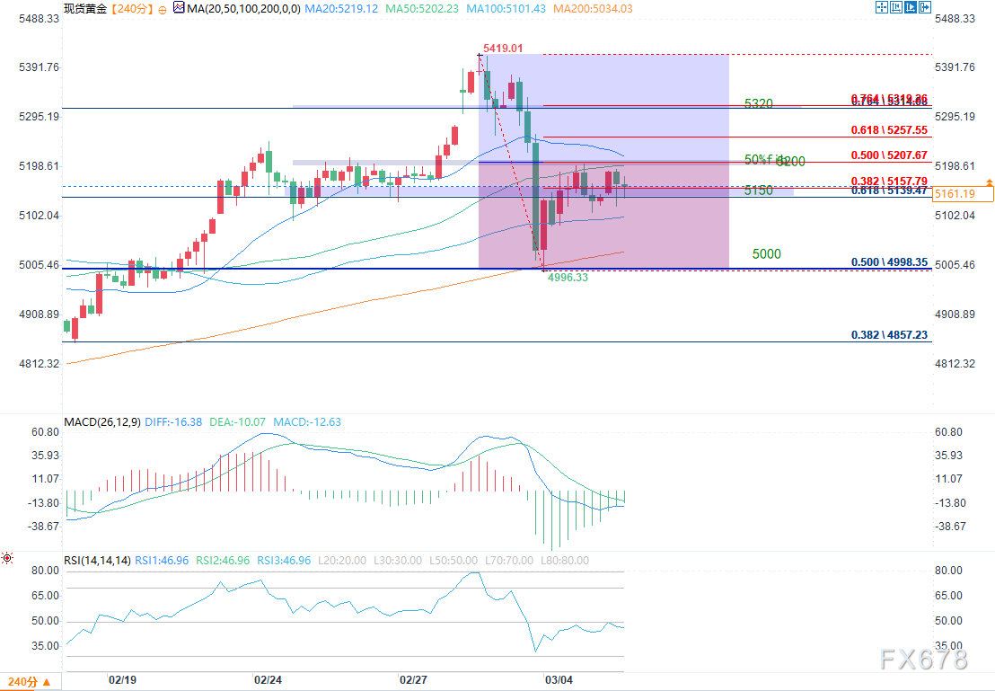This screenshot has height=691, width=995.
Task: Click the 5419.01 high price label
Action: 503,48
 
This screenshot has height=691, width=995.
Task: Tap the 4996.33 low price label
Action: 568,278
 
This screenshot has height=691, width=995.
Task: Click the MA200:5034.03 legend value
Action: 594,8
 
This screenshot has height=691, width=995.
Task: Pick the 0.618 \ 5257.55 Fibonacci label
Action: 889,129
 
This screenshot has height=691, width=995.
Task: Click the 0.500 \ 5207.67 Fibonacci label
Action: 889,155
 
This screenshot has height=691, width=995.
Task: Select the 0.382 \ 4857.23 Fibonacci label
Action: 889,334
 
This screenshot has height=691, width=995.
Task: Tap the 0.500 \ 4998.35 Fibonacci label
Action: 889,262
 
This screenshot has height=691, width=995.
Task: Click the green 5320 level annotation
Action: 759,104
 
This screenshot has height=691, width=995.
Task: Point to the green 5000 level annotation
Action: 766,254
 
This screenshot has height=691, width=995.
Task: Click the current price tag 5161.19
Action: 964,193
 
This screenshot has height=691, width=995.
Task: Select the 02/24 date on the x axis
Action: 269,680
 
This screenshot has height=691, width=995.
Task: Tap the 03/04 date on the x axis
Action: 559,680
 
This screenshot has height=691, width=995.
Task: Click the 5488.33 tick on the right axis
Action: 955,19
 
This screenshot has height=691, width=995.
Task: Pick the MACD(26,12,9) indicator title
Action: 101,421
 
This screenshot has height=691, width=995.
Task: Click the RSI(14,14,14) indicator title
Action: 97,560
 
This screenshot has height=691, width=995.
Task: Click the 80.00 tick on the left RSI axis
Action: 45,571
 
